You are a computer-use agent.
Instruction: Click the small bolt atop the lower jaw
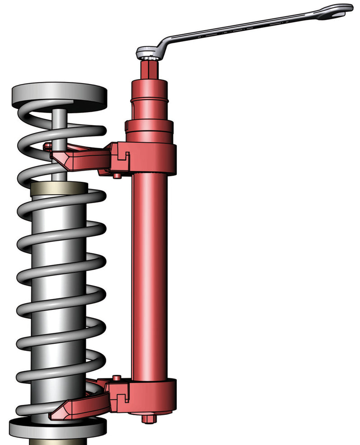[117, 377]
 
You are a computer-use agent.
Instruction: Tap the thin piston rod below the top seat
[59, 135]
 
